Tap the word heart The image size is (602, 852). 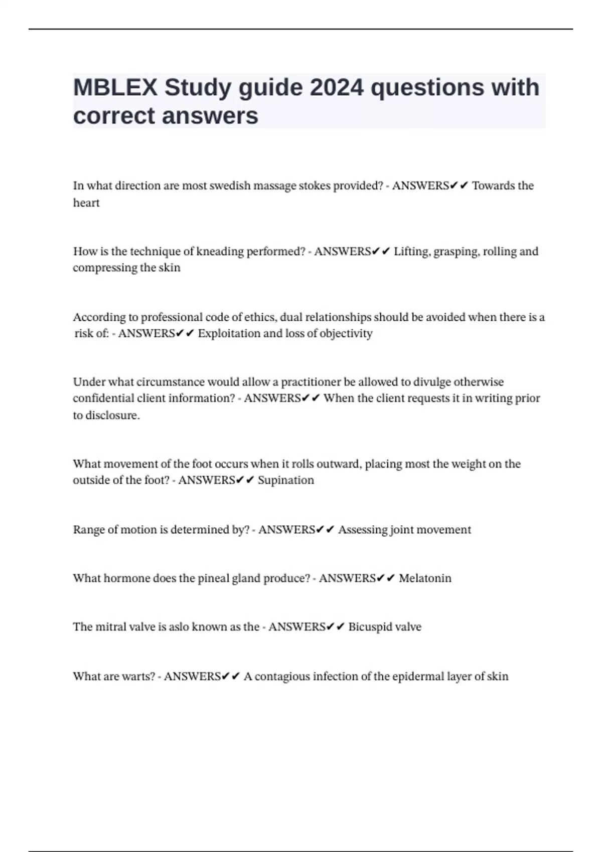click(x=86, y=203)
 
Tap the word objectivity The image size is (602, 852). click(x=346, y=334)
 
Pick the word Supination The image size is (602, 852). click(x=286, y=480)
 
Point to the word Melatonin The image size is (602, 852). click(x=425, y=578)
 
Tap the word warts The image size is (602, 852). click(x=138, y=677)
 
